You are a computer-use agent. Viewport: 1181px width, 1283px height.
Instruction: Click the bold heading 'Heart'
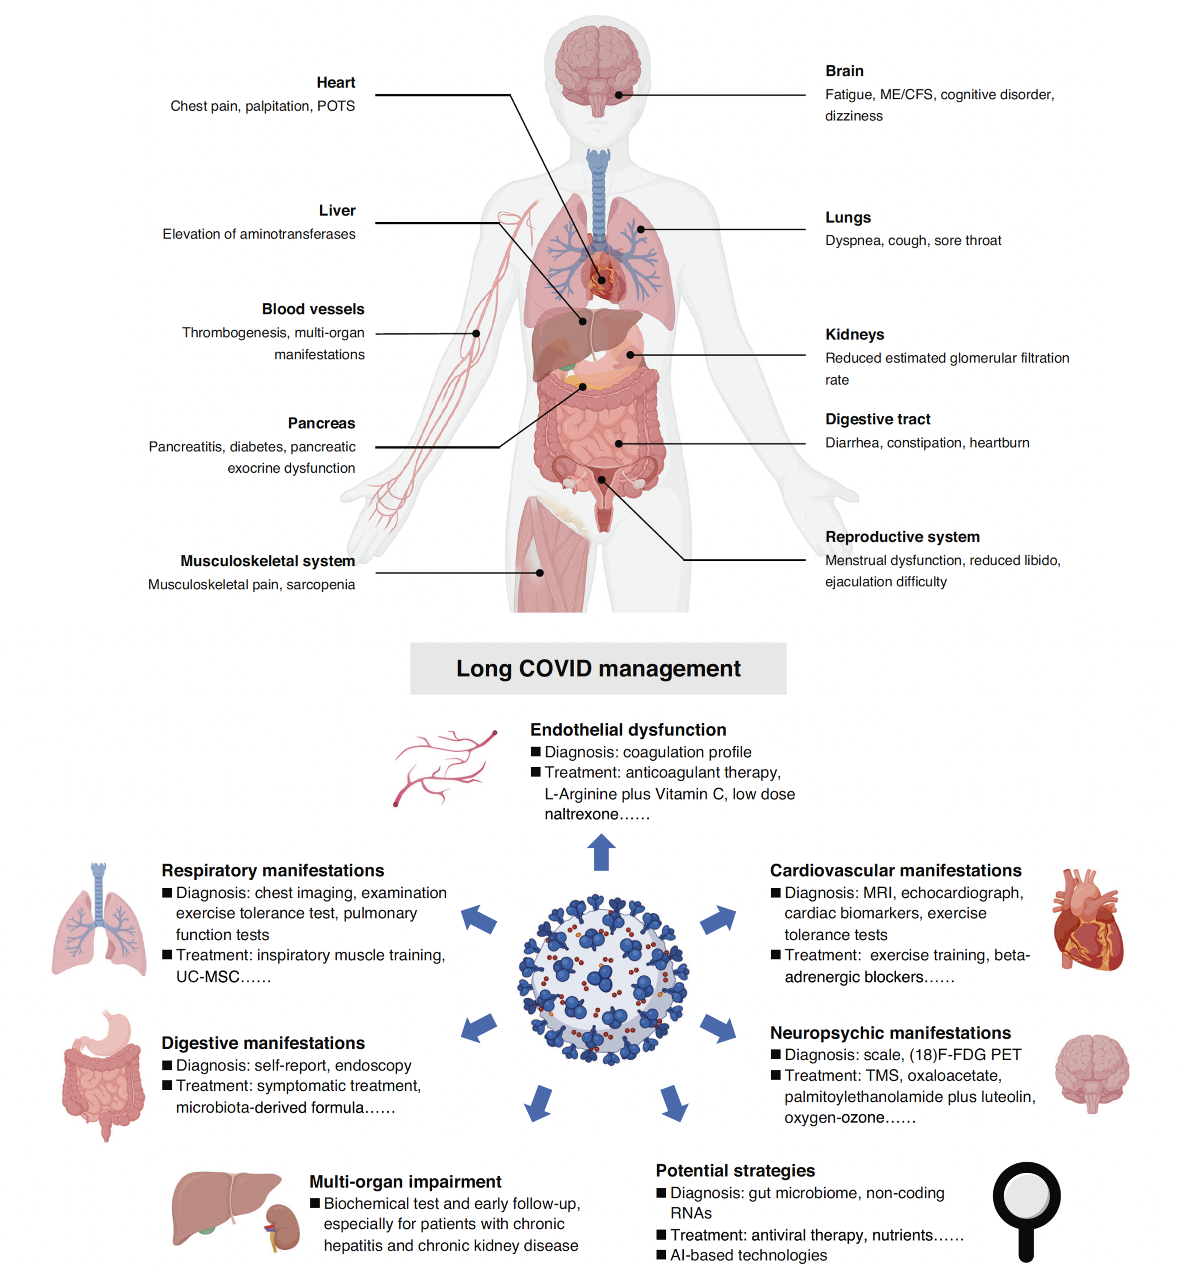pos(336,82)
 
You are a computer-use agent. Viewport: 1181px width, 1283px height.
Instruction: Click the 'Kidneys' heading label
pos(854,334)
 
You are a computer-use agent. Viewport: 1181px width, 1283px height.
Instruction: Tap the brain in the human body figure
pos(597,64)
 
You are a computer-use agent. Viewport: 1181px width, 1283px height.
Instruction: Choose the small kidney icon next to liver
pos(283,1226)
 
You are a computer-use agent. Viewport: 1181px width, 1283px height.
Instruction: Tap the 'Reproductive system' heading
pos(902,536)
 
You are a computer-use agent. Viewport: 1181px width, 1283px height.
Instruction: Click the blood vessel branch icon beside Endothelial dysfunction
pos(444,766)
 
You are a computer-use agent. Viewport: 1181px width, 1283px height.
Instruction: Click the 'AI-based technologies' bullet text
pos(748,1255)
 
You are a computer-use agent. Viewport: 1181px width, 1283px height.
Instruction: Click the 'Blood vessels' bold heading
pos(313,309)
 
